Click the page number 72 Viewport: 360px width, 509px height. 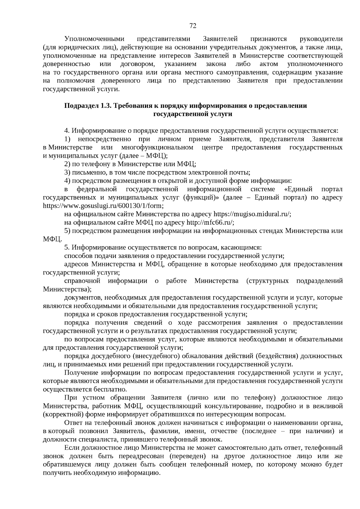[193, 26]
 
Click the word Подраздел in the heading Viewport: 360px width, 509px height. [79, 106]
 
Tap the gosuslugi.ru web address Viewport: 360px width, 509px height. [103, 206]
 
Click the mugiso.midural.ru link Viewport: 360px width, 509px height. [252, 214]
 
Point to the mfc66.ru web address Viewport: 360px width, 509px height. [210, 223]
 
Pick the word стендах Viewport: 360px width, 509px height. [271, 231]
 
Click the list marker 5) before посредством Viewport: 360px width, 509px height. [67, 231]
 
